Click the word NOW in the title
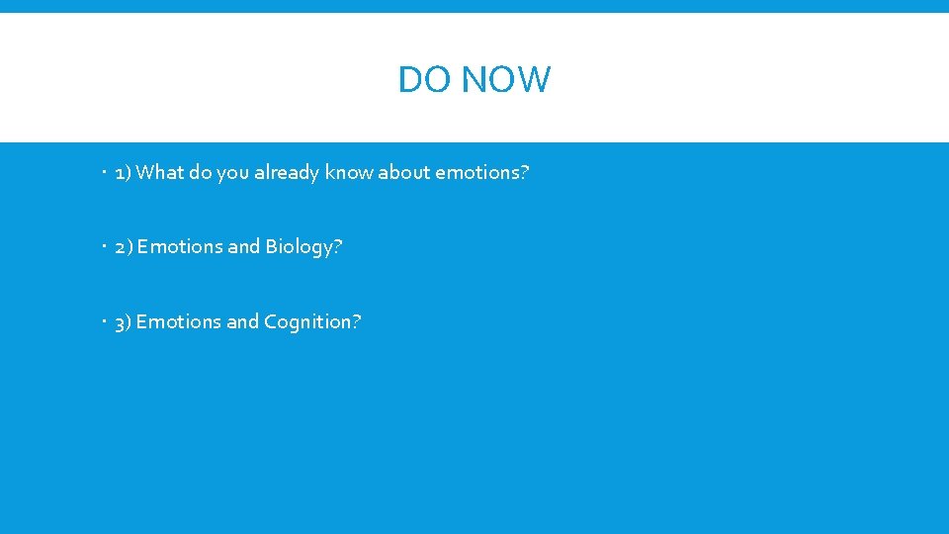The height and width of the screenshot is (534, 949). [x=505, y=79]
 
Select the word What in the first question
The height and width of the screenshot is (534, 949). [x=159, y=173]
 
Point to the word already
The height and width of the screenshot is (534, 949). [x=287, y=173]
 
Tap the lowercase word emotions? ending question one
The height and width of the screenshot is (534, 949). [x=482, y=173]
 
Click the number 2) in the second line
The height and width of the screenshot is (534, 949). [x=124, y=247]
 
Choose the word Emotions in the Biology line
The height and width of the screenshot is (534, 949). [x=180, y=247]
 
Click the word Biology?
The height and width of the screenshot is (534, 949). [x=303, y=247]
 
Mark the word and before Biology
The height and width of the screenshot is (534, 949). [x=244, y=247]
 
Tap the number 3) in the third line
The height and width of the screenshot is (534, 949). [x=124, y=322]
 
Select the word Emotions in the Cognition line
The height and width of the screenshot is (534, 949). [x=179, y=322]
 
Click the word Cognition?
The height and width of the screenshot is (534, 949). [x=312, y=322]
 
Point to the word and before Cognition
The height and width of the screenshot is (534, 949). [x=243, y=322]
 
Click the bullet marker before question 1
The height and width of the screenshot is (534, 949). [x=104, y=173]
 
